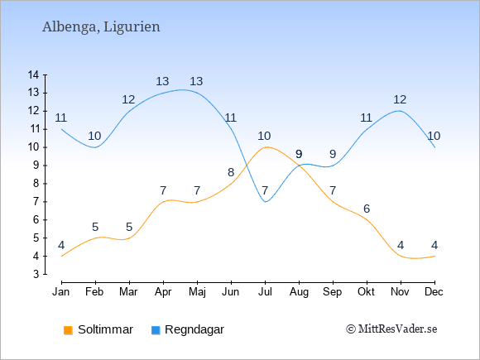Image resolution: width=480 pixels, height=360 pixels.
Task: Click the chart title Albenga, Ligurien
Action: pyautogui.click(x=101, y=27)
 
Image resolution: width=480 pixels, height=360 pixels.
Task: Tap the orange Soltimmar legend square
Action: pyautogui.click(x=68, y=330)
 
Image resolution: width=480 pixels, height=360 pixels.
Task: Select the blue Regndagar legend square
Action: pyautogui.click(x=156, y=330)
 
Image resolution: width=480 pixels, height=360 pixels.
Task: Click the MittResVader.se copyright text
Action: pyautogui.click(x=391, y=329)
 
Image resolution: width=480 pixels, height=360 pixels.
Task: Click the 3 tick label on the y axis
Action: pyautogui.click(x=36, y=274)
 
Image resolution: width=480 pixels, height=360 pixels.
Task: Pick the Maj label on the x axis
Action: pyautogui.click(x=197, y=292)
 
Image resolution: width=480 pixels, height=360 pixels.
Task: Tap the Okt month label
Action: pyautogui.click(x=366, y=292)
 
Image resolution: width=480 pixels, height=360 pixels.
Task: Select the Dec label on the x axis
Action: pyautogui.click(x=434, y=292)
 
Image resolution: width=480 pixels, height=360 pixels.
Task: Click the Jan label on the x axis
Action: pyautogui.click(x=61, y=292)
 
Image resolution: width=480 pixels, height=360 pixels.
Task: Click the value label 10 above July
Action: pyautogui.click(x=264, y=136)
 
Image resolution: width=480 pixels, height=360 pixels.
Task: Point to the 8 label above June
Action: pyautogui.click(x=231, y=173)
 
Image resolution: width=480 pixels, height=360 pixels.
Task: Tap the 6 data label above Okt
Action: pyautogui.click(x=367, y=209)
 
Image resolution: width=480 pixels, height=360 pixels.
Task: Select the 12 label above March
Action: pyautogui.click(x=128, y=99)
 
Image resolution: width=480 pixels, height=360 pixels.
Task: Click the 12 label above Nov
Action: pyautogui.click(x=400, y=99)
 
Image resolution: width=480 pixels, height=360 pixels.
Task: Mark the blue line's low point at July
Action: pyautogui.click(x=265, y=202)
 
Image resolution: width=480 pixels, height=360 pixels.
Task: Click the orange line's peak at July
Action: pyautogui.click(x=265, y=147)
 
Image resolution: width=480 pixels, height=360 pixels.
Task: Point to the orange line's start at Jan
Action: pyautogui.click(x=62, y=256)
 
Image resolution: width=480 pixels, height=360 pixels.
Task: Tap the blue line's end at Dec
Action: pyautogui.click(x=434, y=147)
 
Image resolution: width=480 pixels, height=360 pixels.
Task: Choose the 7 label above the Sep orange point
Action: pyautogui.click(x=333, y=190)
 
